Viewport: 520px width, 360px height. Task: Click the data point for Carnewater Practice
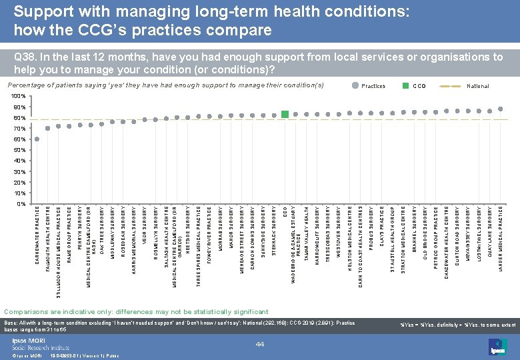37,139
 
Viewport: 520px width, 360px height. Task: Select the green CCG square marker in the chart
285,115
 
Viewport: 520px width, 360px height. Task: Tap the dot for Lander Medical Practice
501,109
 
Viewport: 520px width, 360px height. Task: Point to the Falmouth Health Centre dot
48,129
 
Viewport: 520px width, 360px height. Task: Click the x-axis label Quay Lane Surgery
490,233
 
